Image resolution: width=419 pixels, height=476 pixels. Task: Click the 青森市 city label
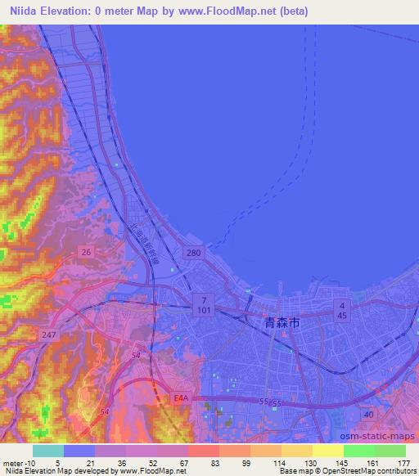coord(283,325)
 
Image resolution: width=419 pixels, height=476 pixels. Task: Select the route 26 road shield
coord(86,253)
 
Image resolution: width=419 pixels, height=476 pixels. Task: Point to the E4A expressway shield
coord(181,398)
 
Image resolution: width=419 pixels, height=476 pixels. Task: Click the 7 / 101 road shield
coord(204,306)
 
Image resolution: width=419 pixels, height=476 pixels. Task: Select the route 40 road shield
coord(370,415)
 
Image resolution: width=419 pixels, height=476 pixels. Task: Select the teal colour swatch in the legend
coord(48,451)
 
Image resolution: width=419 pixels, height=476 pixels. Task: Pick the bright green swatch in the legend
coord(359,451)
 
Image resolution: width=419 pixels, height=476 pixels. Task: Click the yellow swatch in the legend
coord(328,451)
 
